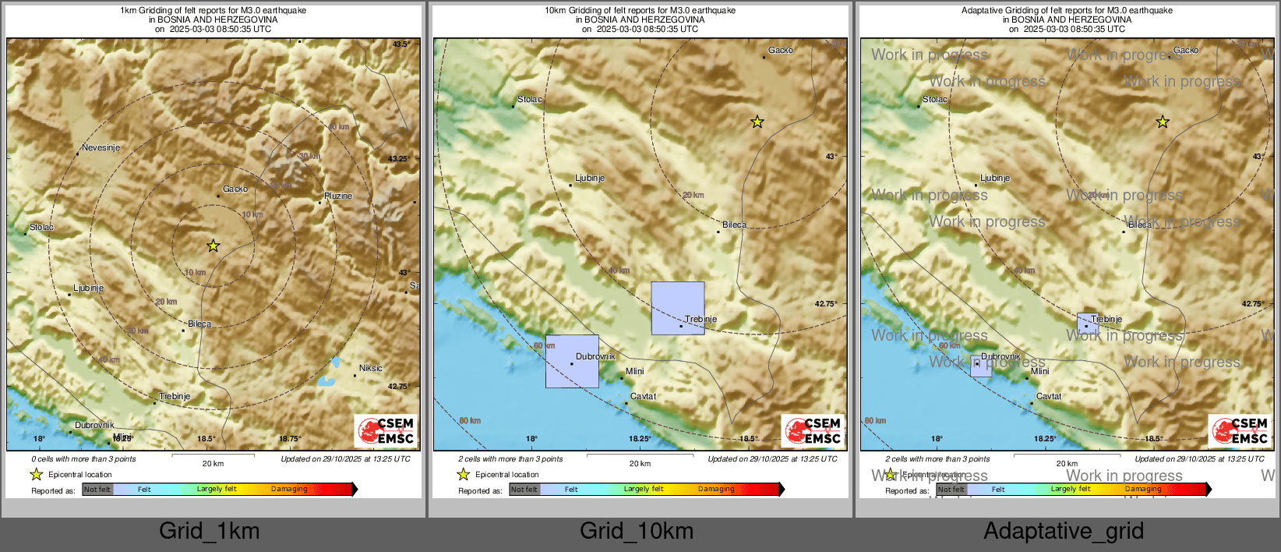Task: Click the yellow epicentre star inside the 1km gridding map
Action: pos(213,246)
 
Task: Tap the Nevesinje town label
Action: pos(101,147)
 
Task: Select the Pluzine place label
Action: pos(338,196)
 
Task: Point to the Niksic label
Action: pos(370,368)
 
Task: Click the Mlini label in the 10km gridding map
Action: pos(634,371)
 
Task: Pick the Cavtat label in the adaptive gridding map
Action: pos(1048,396)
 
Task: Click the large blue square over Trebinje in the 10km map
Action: pos(677,308)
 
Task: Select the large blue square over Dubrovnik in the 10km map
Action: pos(572,361)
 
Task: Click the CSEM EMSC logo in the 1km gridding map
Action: pos(386,431)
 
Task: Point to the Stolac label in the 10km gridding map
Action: pos(529,99)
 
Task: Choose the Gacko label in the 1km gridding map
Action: pos(235,189)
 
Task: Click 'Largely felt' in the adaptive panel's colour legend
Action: pos(1071,489)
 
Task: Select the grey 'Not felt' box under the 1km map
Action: pos(97,489)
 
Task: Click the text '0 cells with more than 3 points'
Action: pos(83,458)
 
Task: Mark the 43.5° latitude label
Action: pos(401,44)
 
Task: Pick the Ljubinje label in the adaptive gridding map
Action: pos(994,178)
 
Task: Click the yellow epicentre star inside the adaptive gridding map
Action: pos(1162,122)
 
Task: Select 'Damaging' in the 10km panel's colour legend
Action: pos(716,489)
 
